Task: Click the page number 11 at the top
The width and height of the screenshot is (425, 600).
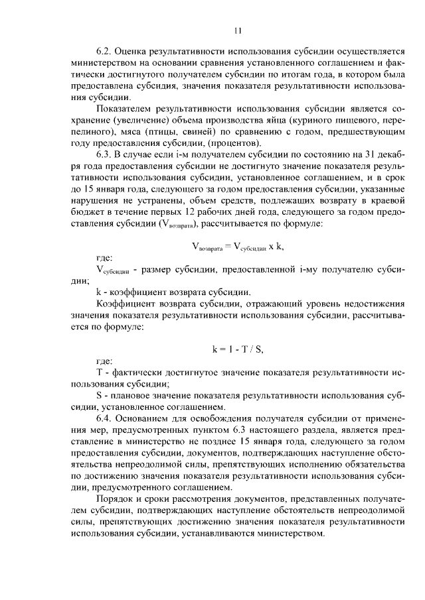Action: (238, 30)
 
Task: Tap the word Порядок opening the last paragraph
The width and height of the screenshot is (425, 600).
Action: (118, 499)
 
